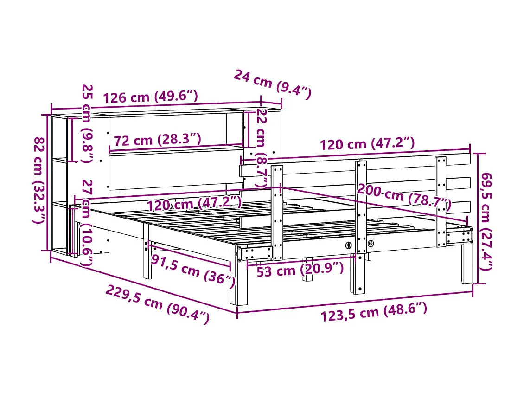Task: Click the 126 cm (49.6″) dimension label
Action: pyautogui.click(x=150, y=97)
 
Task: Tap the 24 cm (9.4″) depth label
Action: pyautogui.click(x=271, y=84)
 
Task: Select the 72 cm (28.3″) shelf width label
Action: pyautogui.click(x=157, y=139)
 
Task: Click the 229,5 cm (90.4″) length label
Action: pyautogui.click(x=158, y=304)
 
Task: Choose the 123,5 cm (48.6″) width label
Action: pyautogui.click(x=373, y=311)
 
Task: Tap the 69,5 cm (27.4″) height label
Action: pyautogui.click(x=487, y=221)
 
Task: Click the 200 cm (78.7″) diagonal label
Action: pyautogui.click(x=403, y=197)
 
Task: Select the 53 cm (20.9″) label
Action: pyautogui.click(x=300, y=270)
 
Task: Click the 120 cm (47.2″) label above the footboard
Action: pyautogui.click(x=367, y=144)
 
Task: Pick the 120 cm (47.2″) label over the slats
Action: pyautogui.click(x=195, y=204)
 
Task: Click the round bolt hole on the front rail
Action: pyautogui.click(x=348, y=245)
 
